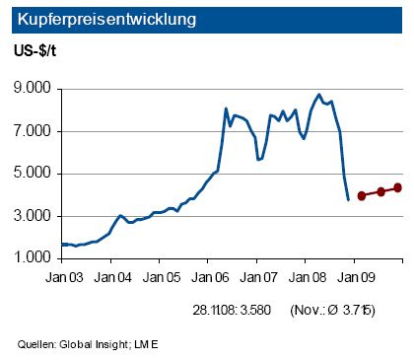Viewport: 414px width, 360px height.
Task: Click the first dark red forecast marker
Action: (362, 195)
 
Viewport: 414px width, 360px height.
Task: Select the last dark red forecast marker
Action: (398, 187)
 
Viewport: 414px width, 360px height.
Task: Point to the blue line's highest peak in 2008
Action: (318, 95)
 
